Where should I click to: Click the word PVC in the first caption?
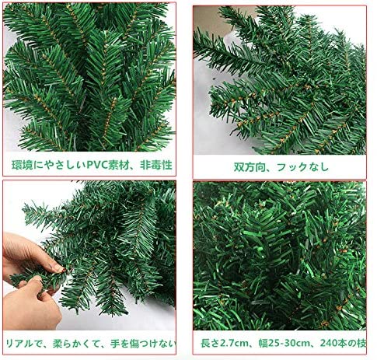(x=96, y=166)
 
